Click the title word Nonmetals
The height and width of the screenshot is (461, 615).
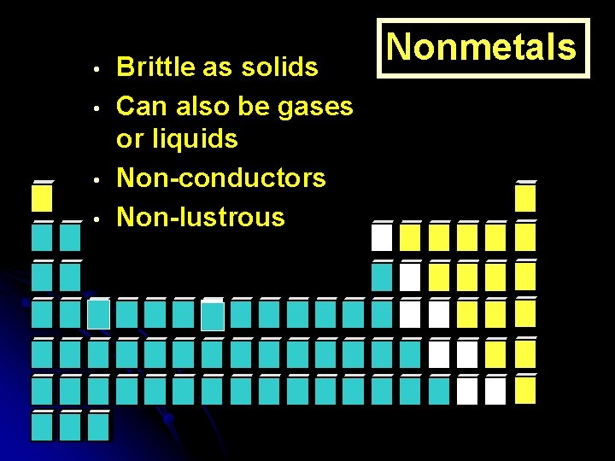[483, 47]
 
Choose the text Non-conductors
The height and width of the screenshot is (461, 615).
[220, 178]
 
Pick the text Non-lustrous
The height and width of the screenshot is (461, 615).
[200, 217]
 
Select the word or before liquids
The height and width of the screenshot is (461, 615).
[130, 139]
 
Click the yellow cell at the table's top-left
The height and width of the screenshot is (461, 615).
[42, 198]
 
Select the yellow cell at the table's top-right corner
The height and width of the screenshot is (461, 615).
[525, 198]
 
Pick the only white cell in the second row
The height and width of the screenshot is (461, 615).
[382, 236]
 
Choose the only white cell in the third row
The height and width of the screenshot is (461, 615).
[411, 276]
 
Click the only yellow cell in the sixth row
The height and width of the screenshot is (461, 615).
[525, 390]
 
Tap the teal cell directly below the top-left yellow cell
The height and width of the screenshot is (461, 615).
[42, 236]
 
